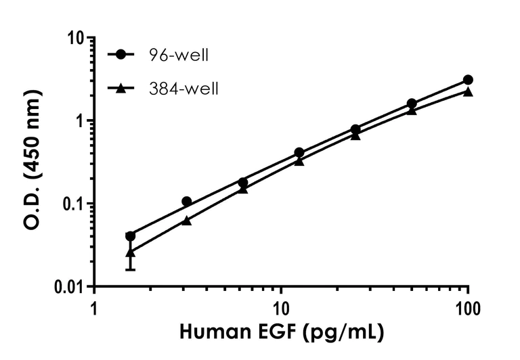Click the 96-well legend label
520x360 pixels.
click(179, 55)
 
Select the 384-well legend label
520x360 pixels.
click(184, 89)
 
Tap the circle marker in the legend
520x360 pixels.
click(121, 55)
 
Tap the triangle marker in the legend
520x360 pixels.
click(121, 88)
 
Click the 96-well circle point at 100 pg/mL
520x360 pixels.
click(468, 80)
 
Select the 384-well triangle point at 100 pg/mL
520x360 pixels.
click(468, 91)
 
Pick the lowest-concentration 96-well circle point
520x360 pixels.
click(131, 236)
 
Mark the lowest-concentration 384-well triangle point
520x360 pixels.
click(131, 252)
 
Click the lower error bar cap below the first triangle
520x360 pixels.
click(131, 270)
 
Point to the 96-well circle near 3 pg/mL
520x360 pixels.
click(187, 202)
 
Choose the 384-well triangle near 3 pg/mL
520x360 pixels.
click(187, 221)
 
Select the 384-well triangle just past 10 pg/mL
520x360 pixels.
click(299, 161)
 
